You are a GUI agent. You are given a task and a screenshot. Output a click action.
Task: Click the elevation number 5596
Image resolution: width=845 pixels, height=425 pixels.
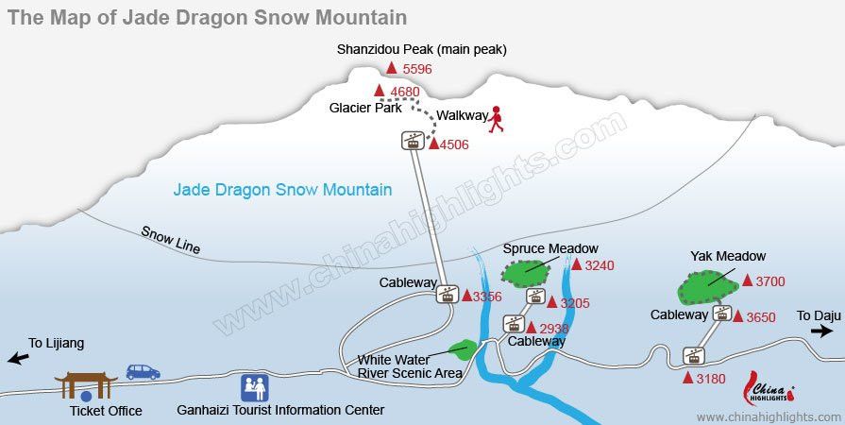point(416,69)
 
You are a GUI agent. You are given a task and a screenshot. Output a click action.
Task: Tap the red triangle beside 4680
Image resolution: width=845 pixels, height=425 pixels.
point(380,91)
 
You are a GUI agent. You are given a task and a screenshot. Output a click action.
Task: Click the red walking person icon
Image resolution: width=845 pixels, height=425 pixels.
point(496,119)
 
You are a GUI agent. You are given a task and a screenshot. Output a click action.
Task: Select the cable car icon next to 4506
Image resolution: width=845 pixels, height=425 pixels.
point(412,141)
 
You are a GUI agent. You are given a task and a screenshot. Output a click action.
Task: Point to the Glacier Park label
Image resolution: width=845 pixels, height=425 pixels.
point(365,108)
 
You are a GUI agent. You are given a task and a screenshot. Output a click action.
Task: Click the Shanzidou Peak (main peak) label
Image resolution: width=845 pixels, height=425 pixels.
point(422,49)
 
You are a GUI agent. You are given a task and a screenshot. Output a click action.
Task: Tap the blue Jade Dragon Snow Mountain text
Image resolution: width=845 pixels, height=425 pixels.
point(282,190)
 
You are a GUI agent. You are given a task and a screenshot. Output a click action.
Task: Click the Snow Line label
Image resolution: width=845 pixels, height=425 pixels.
point(171,239)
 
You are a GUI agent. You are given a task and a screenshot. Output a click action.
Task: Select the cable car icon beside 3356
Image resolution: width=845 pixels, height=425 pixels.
point(447,295)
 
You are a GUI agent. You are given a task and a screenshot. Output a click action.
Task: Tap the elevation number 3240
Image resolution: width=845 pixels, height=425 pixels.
point(599,265)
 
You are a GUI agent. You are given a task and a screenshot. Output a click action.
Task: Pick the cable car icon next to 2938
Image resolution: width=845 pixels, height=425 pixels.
point(514,324)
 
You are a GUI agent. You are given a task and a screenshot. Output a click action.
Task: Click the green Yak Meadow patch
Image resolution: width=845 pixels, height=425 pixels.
point(709,282)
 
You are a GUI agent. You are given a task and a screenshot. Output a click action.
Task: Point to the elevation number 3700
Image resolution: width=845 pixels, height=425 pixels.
point(769,280)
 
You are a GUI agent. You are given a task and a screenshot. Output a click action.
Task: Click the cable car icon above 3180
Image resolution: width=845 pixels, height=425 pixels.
point(694,356)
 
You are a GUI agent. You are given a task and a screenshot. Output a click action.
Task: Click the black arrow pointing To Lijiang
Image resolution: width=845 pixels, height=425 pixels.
point(17,358)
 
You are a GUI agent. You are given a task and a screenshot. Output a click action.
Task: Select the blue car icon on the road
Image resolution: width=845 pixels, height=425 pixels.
point(143,372)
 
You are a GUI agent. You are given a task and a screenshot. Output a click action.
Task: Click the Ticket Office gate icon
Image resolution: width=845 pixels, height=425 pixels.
point(86,385)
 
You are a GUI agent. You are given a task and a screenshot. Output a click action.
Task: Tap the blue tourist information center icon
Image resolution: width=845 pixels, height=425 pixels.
point(254,387)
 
